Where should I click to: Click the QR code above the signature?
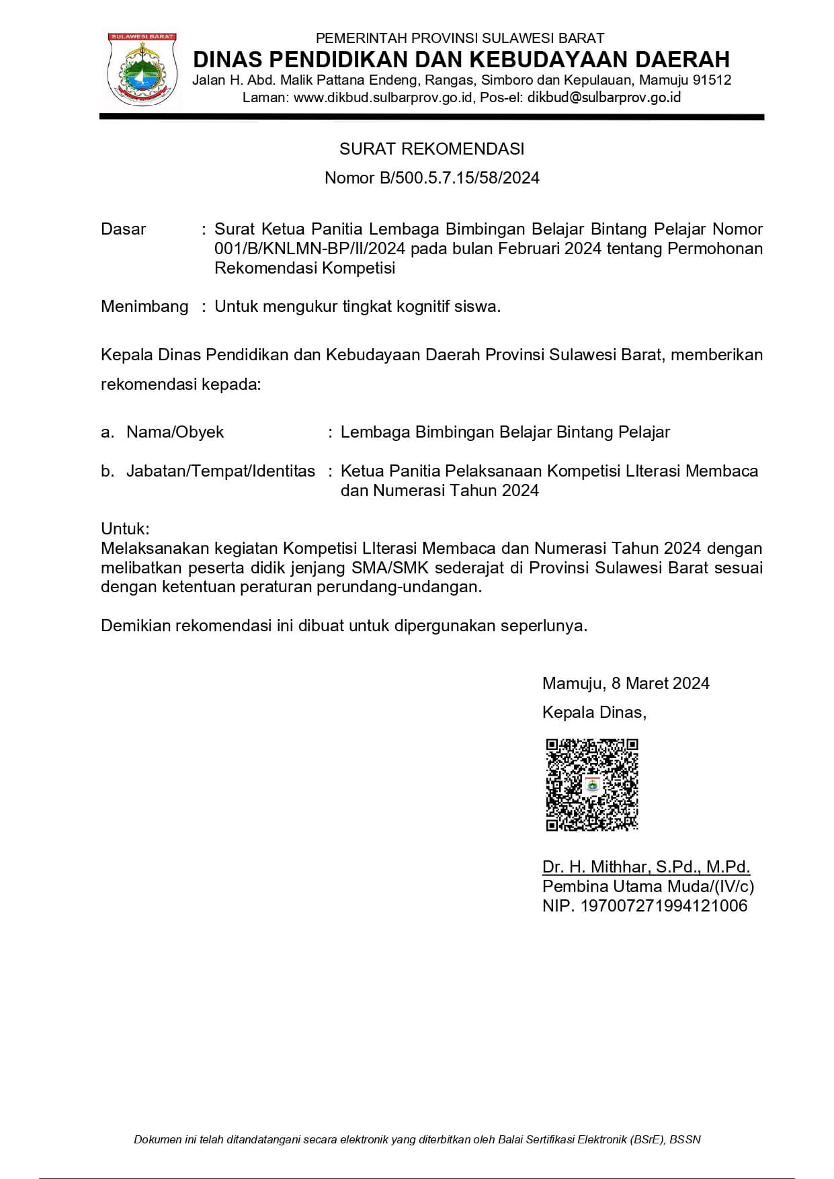click(591, 784)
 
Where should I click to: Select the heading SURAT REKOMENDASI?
click(431, 149)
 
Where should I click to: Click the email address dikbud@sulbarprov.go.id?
click(604, 97)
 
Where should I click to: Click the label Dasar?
click(123, 229)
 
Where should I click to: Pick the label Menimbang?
click(144, 307)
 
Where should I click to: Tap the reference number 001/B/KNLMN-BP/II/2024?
click(310, 249)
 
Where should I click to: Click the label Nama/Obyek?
click(175, 432)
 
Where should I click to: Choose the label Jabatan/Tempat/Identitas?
click(220, 471)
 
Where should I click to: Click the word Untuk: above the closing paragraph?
click(125, 528)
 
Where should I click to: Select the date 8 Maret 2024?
click(660, 684)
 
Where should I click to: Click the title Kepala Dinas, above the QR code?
click(594, 713)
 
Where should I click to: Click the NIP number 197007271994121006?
click(663, 906)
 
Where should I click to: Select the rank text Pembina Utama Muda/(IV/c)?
click(648, 887)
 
